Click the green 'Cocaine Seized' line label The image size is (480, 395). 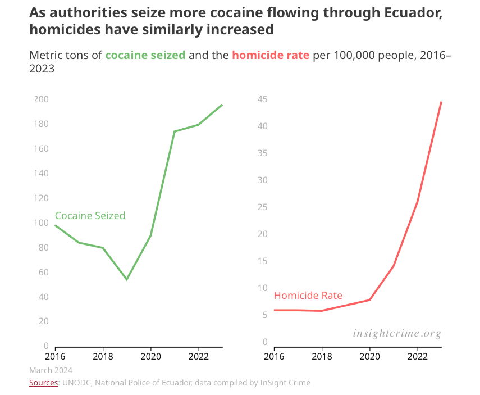point(90,216)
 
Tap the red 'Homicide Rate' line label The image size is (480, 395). point(308,296)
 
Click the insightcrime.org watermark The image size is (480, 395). point(397,333)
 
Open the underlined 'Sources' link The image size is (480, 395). point(43,383)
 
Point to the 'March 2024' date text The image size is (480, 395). point(51,370)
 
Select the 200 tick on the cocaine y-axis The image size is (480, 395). point(42,99)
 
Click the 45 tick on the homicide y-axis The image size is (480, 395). point(262,99)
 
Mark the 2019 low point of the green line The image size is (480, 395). point(127,279)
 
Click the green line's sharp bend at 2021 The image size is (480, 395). point(174,131)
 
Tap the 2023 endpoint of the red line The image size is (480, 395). point(441,102)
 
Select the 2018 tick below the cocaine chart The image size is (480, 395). point(103,356)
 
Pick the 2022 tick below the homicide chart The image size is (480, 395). point(417,356)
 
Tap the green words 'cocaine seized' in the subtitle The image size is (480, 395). point(145,55)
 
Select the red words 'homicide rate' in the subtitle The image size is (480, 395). point(270,55)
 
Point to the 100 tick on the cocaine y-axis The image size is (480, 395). point(42,223)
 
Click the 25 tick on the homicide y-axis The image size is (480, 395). point(262,207)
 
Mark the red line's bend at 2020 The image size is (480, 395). point(369,300)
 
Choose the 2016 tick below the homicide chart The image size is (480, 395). point(274,356)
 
